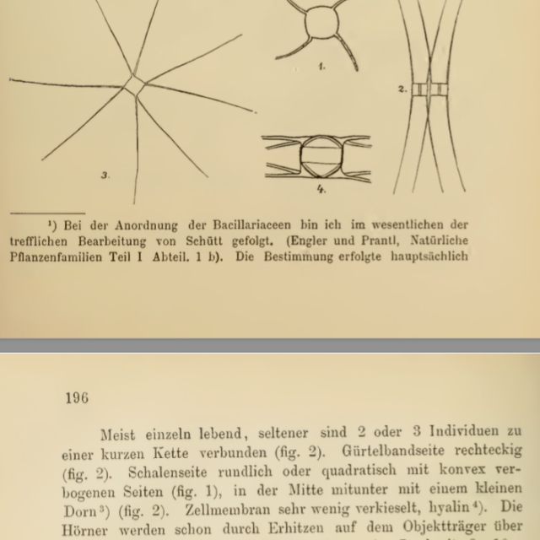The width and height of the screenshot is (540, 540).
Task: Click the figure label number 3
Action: point(104,175)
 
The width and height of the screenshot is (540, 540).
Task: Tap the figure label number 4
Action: point(321,189)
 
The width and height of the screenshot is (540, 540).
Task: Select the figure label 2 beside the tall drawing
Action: point(402,88)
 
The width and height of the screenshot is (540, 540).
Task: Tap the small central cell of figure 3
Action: point(135,85)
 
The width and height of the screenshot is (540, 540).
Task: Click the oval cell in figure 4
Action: point(317,157)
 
